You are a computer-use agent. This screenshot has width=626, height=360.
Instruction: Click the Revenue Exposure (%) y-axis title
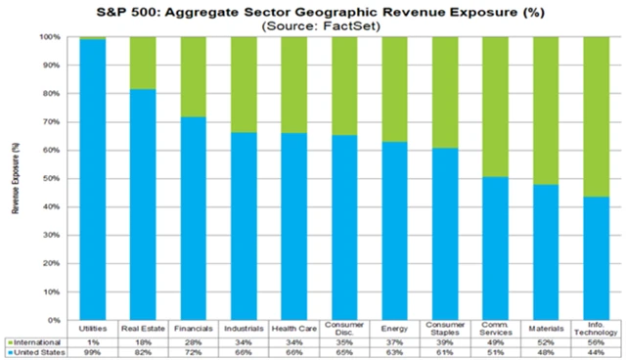(16, 179)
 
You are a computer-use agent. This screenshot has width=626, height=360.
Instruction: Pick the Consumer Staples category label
(444, 329)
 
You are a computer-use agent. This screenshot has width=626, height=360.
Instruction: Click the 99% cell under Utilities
(93, 351)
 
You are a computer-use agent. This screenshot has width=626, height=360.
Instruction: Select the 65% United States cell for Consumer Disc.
(343, 351)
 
